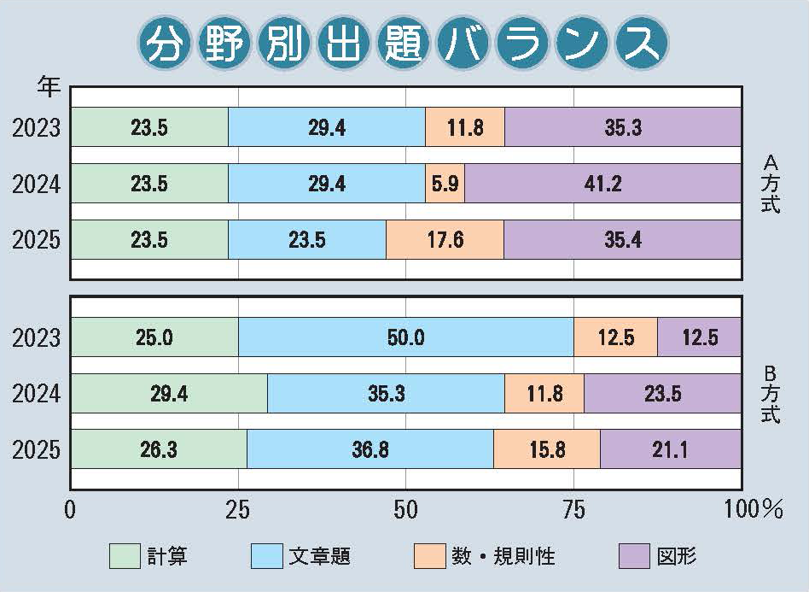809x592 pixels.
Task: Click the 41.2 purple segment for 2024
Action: point(602,183)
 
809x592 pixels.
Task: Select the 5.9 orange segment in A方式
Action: point(445,183)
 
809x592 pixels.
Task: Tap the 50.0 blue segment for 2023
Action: point(405,337)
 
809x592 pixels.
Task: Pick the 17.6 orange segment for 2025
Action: point(444,239)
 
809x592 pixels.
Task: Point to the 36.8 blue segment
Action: point(370,449)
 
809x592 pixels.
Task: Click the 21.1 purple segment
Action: point(670,449)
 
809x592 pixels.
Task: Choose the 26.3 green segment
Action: point(159,449)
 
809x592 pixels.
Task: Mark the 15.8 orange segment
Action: point(546,449)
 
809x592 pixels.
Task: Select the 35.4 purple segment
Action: point(622,239)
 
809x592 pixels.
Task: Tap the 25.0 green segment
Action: point(154,337)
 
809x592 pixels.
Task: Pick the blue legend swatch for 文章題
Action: point(266,556)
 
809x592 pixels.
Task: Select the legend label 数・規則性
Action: point(503,557)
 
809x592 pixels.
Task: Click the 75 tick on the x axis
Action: point(574,510)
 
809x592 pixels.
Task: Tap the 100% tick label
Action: point(753,510)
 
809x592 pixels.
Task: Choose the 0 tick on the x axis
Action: point(70,510)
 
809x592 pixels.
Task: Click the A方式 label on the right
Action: point(771,183)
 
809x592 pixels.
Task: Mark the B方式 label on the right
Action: point(771,393)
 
